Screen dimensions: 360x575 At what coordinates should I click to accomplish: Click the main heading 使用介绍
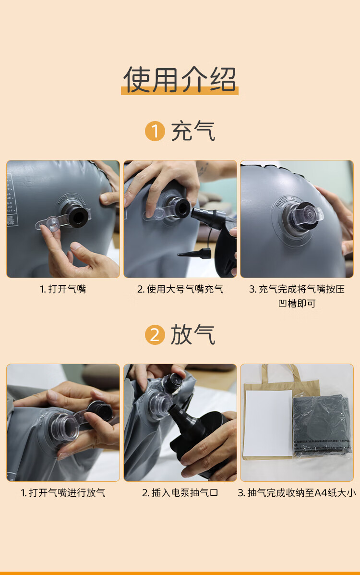(180, 79)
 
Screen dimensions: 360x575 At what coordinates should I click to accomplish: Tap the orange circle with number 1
(155, 131)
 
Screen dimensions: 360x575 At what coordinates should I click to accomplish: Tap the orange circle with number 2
(155, 334)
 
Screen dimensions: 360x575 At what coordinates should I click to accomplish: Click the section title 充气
(193, 131)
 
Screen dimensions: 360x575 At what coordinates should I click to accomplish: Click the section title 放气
(193, 334)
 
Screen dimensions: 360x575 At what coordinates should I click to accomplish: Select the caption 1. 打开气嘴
(63, 289)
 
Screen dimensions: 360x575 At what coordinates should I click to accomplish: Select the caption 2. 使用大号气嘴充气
(180, 289)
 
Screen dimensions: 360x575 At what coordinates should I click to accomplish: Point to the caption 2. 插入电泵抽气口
(180, 492)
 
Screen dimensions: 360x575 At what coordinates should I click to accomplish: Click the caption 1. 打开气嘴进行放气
(63, 492)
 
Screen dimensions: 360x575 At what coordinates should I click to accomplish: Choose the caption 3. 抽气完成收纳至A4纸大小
(297, 492)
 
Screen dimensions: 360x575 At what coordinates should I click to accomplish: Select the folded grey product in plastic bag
(322, 426)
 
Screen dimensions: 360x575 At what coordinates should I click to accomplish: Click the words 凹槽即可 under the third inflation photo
(297, 303)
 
